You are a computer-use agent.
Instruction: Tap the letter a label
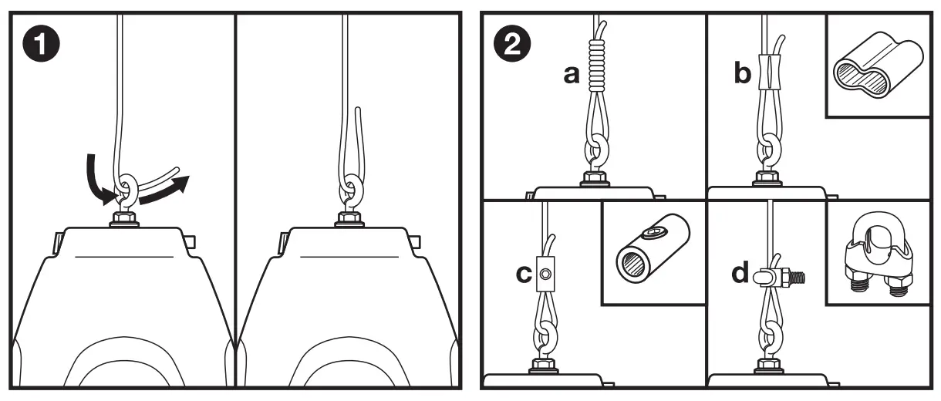tap(572, 75)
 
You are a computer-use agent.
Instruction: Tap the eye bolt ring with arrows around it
tap(126, 190)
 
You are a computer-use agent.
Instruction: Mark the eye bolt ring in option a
tap(596, 150)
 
